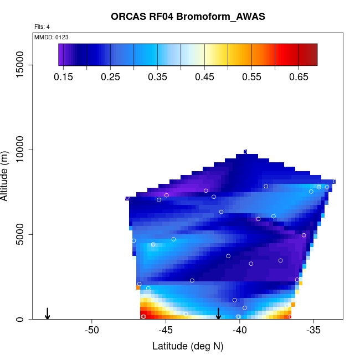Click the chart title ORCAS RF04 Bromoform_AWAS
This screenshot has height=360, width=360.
pos(188,17)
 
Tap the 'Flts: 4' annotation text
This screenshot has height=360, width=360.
pos(42,27)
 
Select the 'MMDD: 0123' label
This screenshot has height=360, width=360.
pos(52,37)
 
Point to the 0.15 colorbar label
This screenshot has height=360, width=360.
pos(64,77)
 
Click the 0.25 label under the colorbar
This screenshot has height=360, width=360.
pos(111,77)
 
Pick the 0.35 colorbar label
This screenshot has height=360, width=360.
pos(158,77)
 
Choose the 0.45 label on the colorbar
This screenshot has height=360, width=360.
pos(205,77)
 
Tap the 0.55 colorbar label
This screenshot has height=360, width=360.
pos(252,77)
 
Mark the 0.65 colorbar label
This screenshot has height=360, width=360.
pos(299,77)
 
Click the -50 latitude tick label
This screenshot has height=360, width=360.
pos(92,331)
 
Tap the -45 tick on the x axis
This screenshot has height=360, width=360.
pos(166,331)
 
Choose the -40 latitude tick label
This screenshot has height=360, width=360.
pos(240,331)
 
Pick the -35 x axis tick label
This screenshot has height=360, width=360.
pos(313,331)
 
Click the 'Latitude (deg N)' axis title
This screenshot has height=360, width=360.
pos(188,347)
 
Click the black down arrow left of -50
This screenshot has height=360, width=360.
pos(48,313)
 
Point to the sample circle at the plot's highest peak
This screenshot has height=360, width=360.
pos(245,151)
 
